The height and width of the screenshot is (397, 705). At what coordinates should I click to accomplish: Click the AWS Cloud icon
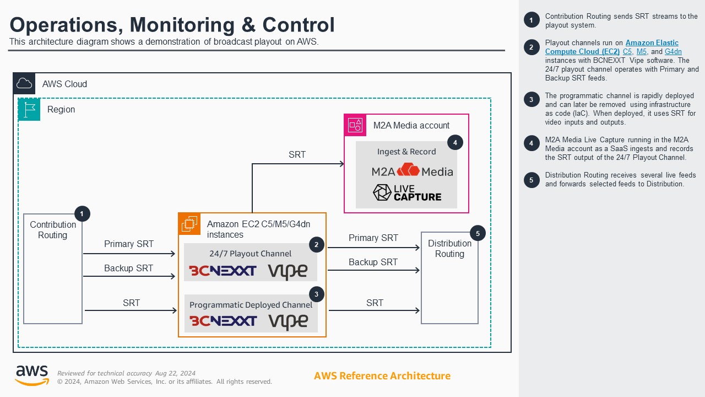pos(24,84)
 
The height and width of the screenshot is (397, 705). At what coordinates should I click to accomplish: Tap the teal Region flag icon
pos(29,109)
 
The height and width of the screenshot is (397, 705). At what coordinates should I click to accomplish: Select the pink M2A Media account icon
pos(355,125)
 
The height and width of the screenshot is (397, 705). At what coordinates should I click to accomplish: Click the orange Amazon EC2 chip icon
pos(189,223)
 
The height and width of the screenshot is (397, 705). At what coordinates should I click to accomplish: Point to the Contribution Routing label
pos(53,230)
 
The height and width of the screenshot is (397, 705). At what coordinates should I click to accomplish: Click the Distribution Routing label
pos(449,249)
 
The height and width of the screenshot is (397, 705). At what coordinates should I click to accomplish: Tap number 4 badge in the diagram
pos(455,142)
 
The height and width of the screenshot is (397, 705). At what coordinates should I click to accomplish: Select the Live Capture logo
pos(407,192)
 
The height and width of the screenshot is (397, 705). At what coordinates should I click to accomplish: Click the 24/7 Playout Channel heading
pos(251,254)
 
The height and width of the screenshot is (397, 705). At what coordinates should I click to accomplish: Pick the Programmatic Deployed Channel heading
pos(251,304)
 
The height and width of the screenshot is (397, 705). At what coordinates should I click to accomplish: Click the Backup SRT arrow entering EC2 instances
pos(129,277)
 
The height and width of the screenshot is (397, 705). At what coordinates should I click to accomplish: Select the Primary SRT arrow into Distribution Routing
pos(373,248)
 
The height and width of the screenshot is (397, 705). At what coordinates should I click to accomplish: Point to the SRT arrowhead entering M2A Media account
pos(341,164)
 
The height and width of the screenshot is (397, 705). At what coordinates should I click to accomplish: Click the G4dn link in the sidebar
pos(673,51)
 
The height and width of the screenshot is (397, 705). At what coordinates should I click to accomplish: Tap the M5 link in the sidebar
pos(641,51)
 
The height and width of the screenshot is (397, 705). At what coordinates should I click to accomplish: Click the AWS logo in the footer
pos(31,375)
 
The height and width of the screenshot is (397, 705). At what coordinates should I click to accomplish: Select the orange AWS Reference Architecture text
pos(382,376)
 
